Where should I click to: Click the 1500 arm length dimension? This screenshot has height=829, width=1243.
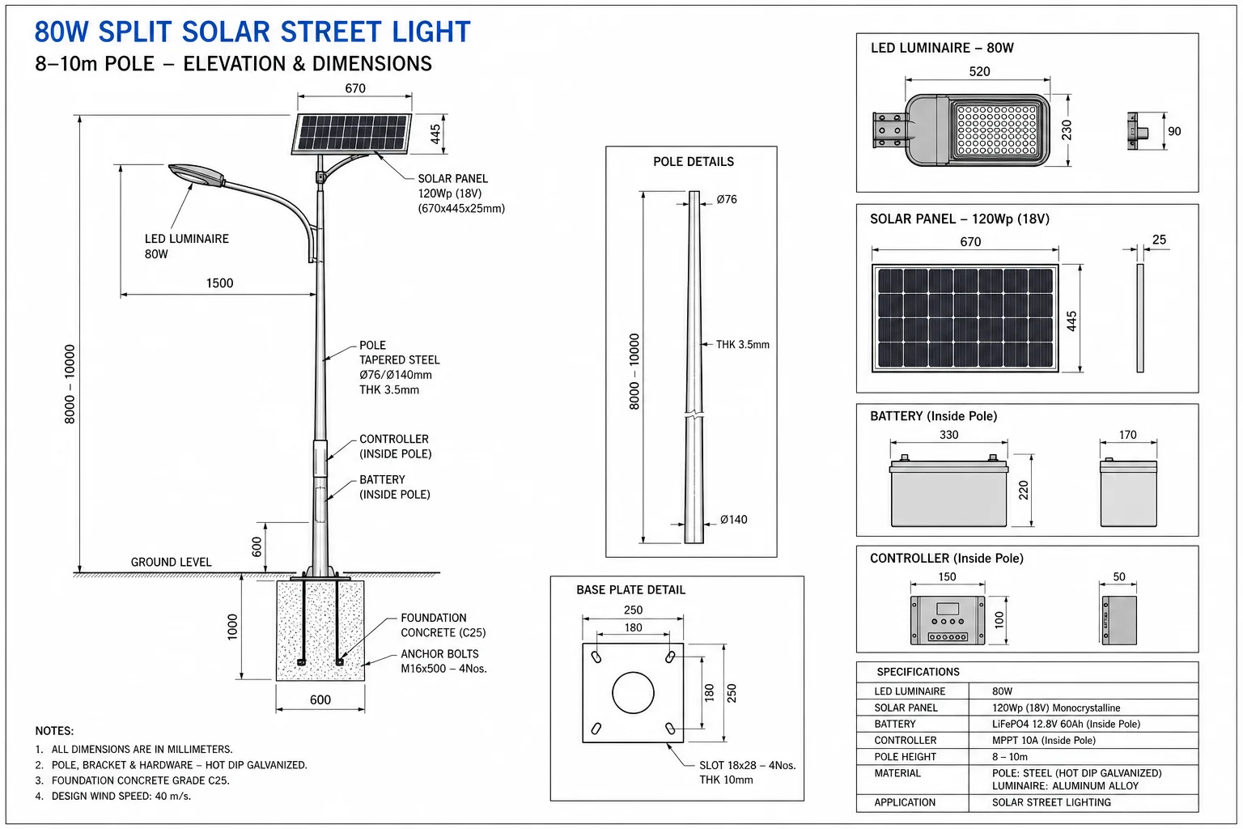[x=220, y=283]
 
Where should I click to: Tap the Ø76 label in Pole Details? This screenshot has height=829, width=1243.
[x=727, y=199]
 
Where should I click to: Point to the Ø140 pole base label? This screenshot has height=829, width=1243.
[x=734, y=520]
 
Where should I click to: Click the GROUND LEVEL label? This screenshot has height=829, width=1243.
[x=171, y=562]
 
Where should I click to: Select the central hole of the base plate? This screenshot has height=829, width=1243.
[x=633, y=692]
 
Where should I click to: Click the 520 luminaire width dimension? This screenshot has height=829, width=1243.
[x=979, y=71]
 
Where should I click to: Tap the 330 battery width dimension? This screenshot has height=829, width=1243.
[x=949, y=435]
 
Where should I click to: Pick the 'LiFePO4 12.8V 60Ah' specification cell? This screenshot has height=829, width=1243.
[x=1066, y=724]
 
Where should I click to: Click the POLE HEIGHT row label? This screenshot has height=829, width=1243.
[x=905, y=757]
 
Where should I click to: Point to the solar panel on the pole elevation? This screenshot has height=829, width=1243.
[x=352, y=134]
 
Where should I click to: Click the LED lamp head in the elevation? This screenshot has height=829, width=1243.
[x=197, y=174]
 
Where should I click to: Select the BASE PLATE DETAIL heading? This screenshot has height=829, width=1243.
[x=631, y=589]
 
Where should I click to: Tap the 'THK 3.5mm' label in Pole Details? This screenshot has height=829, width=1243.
[x=742, y=345]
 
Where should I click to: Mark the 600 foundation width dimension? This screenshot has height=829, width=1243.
[x=320, y=699]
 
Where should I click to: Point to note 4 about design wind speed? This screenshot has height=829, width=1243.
[x=113, y=797]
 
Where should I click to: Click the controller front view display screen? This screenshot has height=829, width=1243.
[x=948, y=609]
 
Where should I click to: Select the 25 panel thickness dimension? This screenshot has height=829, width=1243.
[x=1159, y=240]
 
